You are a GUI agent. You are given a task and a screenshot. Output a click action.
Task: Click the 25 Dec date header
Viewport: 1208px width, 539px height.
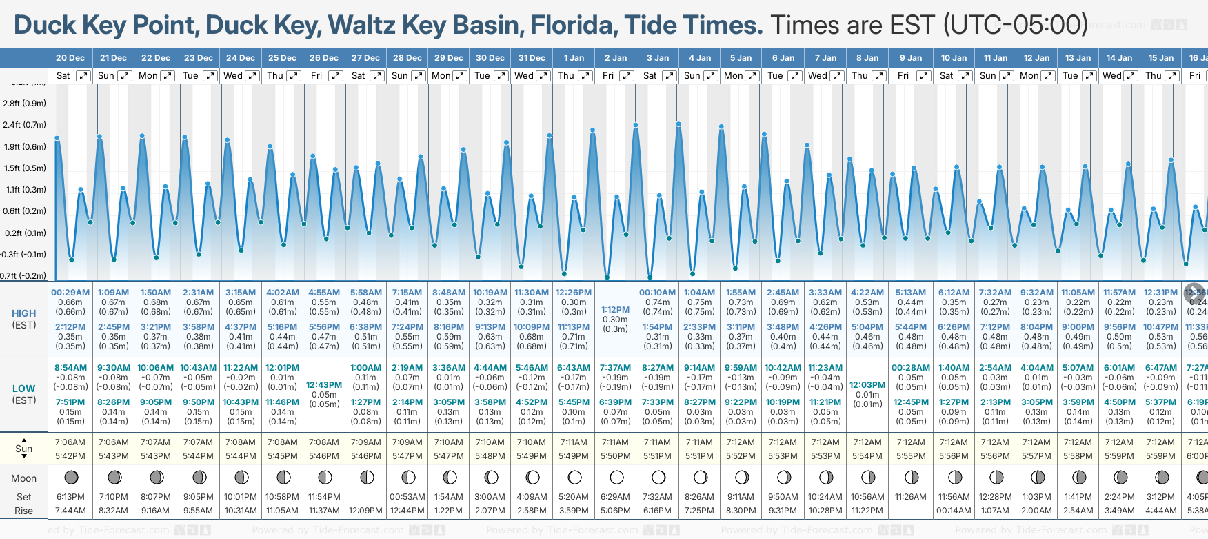pyautogui.click(x=283, y=58)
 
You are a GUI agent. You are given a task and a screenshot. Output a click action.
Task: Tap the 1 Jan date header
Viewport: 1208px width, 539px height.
pyautogui.click(x=574, y=58)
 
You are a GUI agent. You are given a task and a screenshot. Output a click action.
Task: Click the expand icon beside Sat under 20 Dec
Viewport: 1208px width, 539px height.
pyautogui.click(x=83, y=76)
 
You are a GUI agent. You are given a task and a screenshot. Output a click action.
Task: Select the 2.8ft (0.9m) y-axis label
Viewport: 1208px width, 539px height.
pyautogui.click(x=25, y=104)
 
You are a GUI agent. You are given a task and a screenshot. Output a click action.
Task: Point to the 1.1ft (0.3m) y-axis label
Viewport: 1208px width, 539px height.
pyautogui.click(x=25, y=190)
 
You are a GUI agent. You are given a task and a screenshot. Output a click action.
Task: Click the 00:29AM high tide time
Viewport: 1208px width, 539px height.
pyautogui.click(x=70, y=293)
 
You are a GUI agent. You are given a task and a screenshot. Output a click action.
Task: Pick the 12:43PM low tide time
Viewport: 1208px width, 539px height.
pyautogui.click(x=324, y=385)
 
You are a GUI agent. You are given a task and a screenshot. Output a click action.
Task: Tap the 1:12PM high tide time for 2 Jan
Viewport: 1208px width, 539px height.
pyautogui.click(x=615, y=310)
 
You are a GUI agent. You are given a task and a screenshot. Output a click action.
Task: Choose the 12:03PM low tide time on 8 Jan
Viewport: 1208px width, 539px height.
pyautogui.click(x=867, y=385)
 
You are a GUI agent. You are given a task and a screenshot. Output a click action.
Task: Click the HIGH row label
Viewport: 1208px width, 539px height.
pyautogui.click(x=24, y=313)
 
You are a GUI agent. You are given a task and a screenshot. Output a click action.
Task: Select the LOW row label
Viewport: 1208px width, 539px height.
pyautogui.click(x=24, y=389)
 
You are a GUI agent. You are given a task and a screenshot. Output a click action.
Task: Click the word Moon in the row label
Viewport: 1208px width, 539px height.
pyautogui.click(x=24, y=478)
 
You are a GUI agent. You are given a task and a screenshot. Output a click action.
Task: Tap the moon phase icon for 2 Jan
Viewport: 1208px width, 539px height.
pyautogui.click(x=616, y=477)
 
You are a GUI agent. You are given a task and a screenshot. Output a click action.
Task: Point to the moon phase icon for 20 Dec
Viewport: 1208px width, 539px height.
pyautogui.click(x=70, y=477)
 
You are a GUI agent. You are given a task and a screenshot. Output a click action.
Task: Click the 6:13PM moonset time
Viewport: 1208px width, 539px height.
pyautogui.click(x=70, y=497)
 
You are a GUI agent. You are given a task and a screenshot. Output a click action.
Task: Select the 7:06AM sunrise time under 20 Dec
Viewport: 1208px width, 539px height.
pyautogui.click(x=70, y=442)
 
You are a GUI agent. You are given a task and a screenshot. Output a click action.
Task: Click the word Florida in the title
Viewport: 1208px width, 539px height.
pyautogui.click(x=572, y=26)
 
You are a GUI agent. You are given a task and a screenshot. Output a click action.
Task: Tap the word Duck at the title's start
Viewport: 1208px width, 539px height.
pyautogui.click(x=45, y=26)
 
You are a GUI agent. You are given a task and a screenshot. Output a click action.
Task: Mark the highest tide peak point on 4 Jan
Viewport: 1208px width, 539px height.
pyautogui.click(x=678, y=124)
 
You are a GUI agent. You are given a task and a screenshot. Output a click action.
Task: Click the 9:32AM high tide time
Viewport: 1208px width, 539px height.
pyautogui.click(x=1036, y=293)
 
